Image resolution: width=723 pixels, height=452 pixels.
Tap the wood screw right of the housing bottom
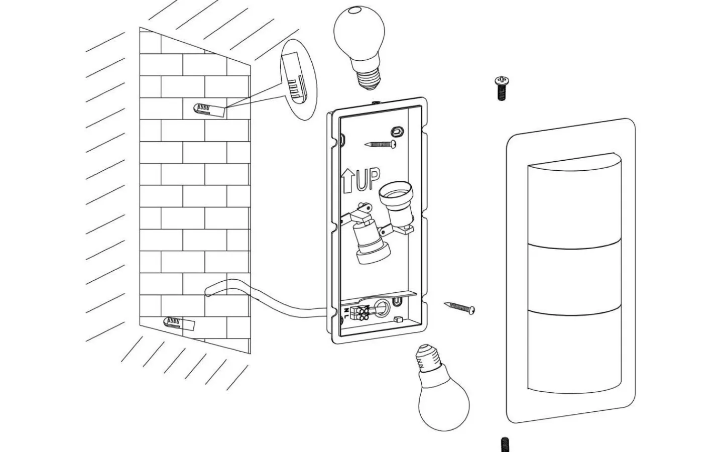click(459, 307)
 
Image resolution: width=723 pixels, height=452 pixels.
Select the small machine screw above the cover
click(502, 88)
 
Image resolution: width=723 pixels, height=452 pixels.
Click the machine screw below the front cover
click(505, 444)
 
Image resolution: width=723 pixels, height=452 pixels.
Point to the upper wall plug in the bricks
click(208, 109)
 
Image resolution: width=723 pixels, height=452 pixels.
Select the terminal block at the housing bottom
click(363, 312)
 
